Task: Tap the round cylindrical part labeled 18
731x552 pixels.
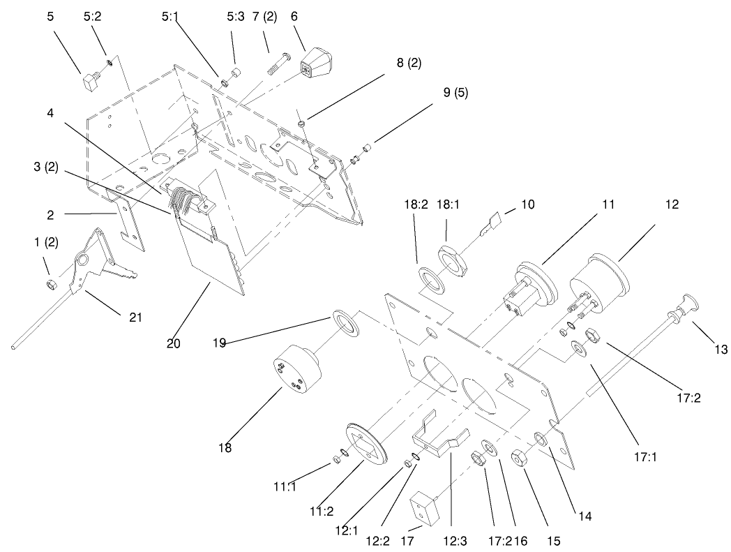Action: pyautogui.click(x=296, y=373)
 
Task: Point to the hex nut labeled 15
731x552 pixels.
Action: pyautogui.click(x=520, y=460)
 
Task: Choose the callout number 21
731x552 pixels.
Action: pyautogui.click(x=135, y=318)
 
